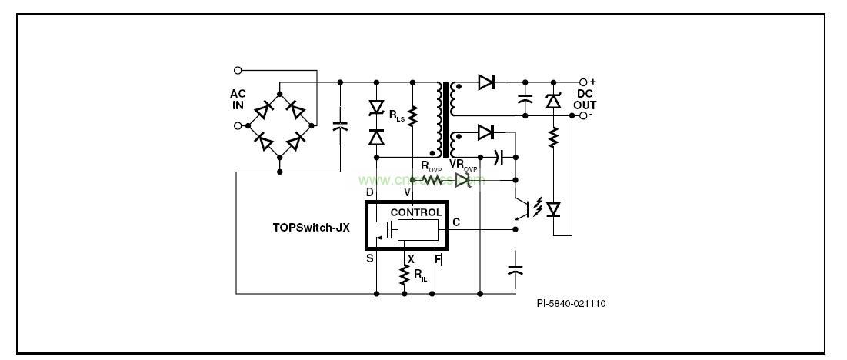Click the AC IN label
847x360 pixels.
[238, 99]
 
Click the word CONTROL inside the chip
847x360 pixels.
[416, 212]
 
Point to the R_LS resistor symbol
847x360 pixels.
[412, 116]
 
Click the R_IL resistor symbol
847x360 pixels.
[403, 275]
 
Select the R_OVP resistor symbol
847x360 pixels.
[432, 180]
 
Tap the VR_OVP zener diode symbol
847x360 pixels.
[463, 180]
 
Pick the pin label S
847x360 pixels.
[370, 258]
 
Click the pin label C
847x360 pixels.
[456, 222]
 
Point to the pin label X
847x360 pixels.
[411, 258]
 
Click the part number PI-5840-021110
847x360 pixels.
[571, 303]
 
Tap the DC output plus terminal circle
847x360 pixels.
[583, 82]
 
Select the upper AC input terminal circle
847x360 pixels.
[238, 70]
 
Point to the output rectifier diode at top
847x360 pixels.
[485, 82]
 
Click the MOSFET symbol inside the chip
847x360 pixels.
[382, 229]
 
